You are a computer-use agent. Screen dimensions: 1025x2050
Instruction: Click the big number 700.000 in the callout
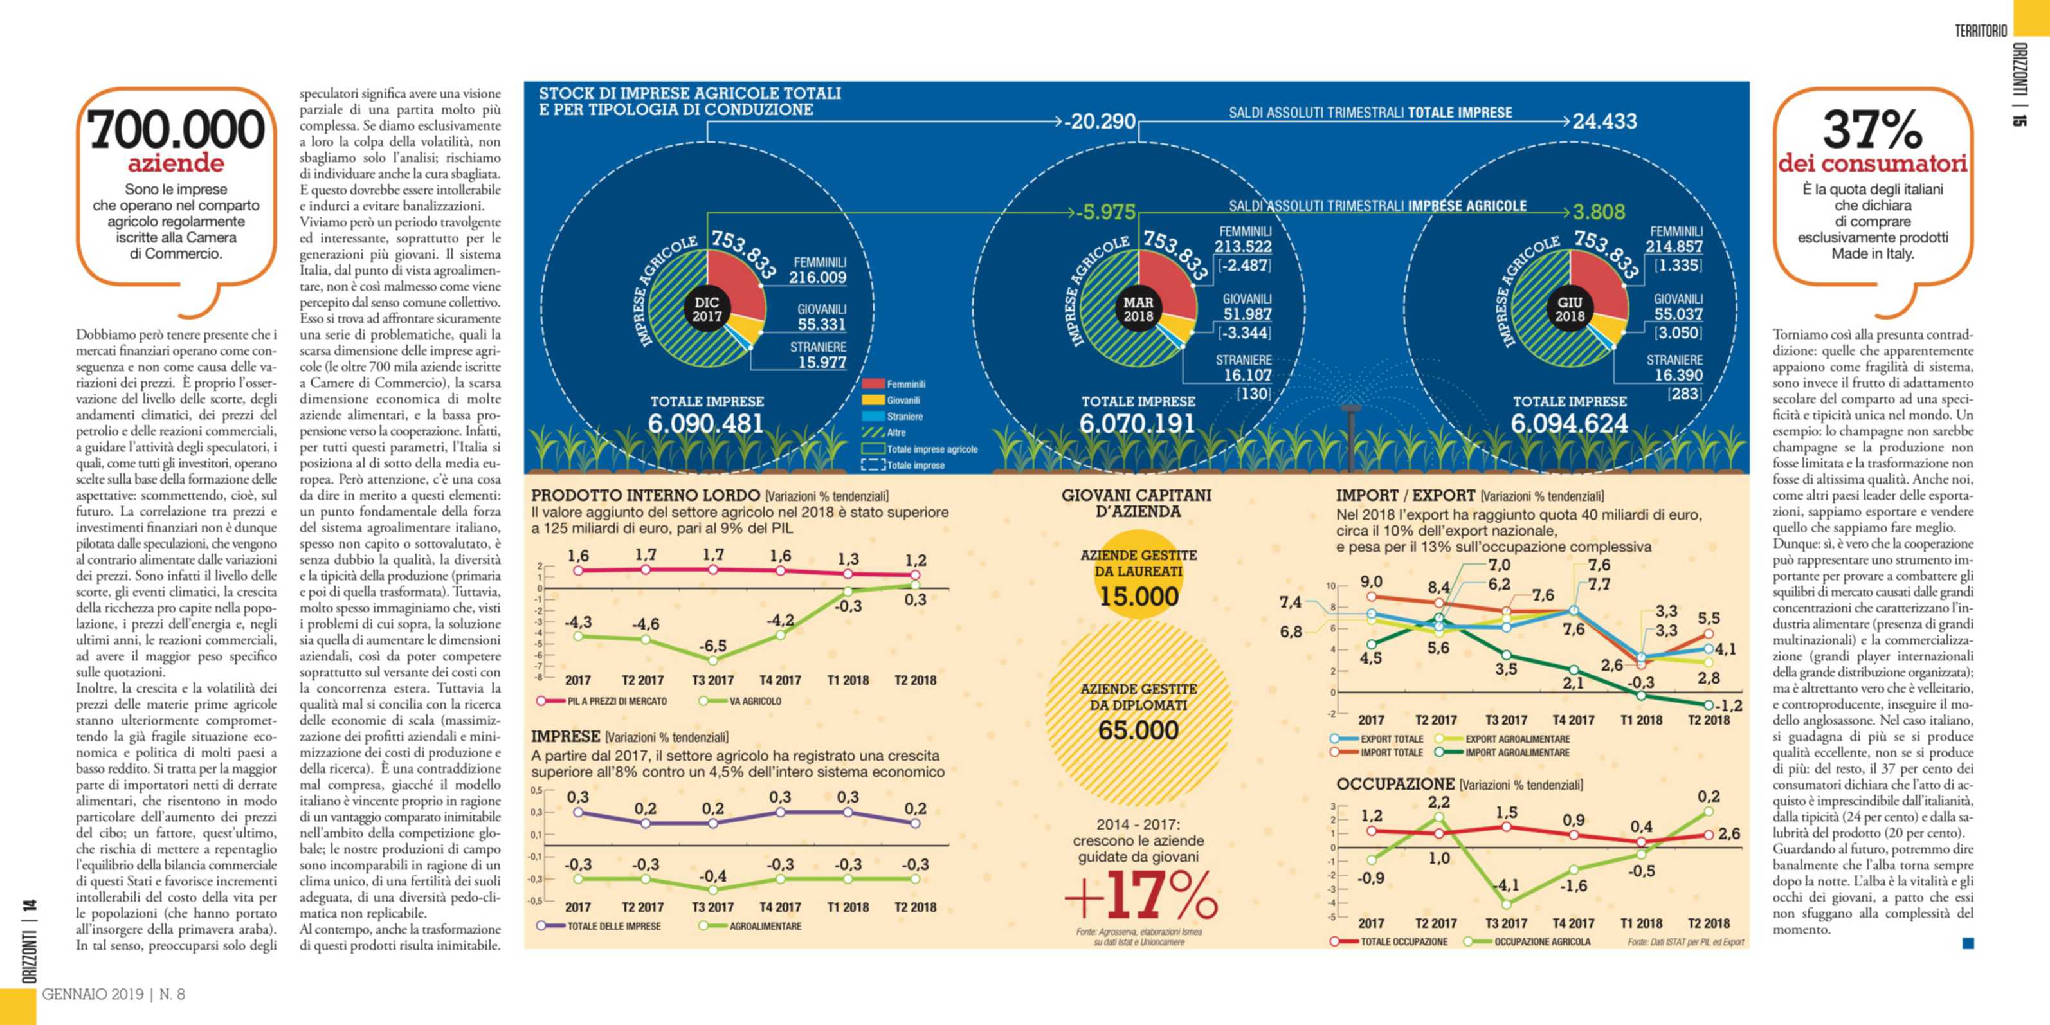(176, 130)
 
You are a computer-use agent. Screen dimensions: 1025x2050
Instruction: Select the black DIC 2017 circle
(707, 309)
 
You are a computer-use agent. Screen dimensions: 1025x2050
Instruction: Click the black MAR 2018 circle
(1138, 309)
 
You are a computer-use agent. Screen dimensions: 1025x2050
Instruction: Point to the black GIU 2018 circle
(1570, 309)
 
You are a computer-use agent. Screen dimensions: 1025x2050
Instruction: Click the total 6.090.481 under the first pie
(707, 423)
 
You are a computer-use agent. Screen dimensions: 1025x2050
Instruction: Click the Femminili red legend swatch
(873, 385)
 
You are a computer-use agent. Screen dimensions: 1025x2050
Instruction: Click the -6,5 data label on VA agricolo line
(712, 646)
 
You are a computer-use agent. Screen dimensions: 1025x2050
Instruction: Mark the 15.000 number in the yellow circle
(1138, 596)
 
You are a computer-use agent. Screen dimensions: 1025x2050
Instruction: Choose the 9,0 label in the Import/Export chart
(1370, 582)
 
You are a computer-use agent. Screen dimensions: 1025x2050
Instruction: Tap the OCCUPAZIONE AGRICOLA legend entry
(1541, 942)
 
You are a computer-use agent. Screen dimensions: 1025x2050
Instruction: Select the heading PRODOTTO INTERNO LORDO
(646, 496)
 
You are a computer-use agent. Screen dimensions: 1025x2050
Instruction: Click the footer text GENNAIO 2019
(93, 994)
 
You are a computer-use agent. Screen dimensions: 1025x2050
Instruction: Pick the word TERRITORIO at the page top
(1981, 31)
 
